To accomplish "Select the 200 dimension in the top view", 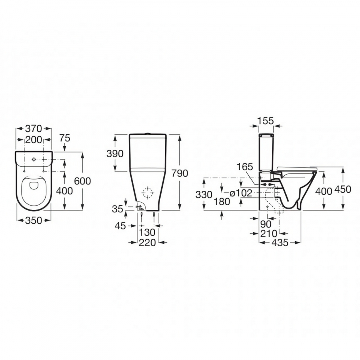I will click(34, 140).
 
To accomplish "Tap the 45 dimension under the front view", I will click(120, 226).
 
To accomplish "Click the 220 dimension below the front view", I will click(147, 243).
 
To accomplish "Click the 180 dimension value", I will click(222, 202).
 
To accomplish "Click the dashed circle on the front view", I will click(148, 193).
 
